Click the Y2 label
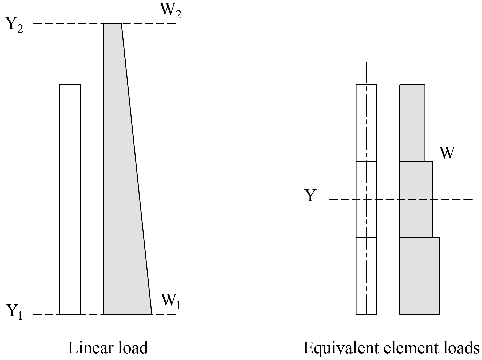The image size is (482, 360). (x=15, y=25)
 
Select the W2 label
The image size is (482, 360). (x=170, y=11)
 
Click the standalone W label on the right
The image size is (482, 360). (x=447, y=153)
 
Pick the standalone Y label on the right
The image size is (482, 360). (x=310, y=196)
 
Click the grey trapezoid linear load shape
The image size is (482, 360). (x=123, y=187)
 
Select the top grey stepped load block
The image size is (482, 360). (x=412, y=123)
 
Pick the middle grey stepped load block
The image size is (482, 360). (x=416, y=199)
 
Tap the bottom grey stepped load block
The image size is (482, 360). (x=420, y=276)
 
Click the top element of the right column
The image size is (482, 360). (x=366, y=123)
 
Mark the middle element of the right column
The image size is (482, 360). (x=366, y=199)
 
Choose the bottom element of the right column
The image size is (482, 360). (x=366, y=276)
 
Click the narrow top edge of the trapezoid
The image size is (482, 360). (x=112, y=24)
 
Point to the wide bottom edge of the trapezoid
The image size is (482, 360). (x=128, y=314)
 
